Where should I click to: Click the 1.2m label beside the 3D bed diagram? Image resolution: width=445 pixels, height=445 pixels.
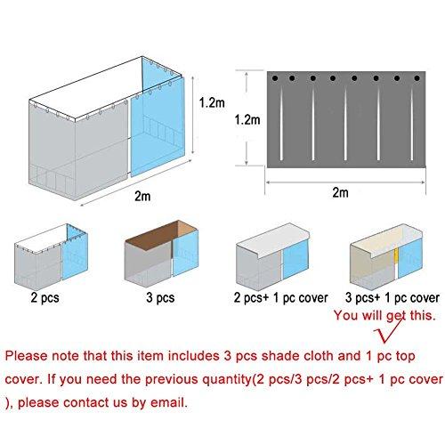[x=212, y=102]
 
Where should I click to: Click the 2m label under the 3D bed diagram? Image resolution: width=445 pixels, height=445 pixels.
[x=142, y=196]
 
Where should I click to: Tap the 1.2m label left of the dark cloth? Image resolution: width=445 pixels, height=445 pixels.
[x=247, y=120]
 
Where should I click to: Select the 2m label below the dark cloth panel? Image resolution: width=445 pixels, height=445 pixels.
[x=340, y=192]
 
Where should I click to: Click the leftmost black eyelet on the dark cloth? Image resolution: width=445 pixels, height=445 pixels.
[x=275, y=78]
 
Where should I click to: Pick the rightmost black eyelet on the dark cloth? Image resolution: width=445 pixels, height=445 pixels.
[x=417, y=78]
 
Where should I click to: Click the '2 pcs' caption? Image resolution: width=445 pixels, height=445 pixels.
[x=44, y=297]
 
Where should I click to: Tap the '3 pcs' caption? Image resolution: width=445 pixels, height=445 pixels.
[x=160, y=297]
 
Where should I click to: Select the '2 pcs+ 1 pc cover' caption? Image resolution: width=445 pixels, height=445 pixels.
[x=280, y=298]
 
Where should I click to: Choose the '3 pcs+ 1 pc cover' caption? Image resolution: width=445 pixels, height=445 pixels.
[x=392, y=298]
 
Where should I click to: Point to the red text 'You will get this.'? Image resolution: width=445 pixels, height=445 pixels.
[x=384, y=315]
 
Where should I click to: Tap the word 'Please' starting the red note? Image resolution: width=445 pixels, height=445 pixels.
[x=27, y=356]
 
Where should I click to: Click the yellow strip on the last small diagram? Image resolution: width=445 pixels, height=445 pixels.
[x=396, y=255]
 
